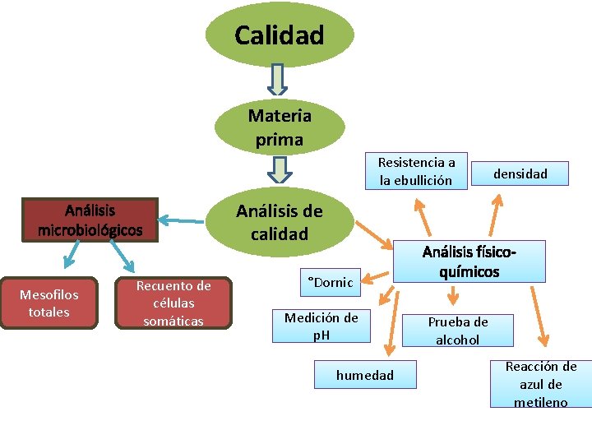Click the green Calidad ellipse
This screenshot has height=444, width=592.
click(280, 35)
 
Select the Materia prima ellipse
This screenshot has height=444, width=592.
click(280, 128)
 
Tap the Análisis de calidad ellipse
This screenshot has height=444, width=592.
click(280, 223)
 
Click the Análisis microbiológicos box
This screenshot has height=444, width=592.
click(90, 220)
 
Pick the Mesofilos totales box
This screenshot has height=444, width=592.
click(49, 303)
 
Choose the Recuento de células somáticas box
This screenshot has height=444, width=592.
click(173, 303)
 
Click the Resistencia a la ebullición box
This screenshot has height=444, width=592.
click(416, 171)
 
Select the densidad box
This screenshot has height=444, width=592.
click(520, 173)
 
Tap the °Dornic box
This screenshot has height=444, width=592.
click(330, 282)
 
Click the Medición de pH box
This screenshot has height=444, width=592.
click(321, 326)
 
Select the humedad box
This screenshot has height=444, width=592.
click(364, 376)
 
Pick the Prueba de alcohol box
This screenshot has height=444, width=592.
click(458, 331)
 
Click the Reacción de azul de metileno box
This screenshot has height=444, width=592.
click(541, 384)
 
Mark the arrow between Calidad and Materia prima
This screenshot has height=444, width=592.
click(279, 81)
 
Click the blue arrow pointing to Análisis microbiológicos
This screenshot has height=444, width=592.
click(182, 220)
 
